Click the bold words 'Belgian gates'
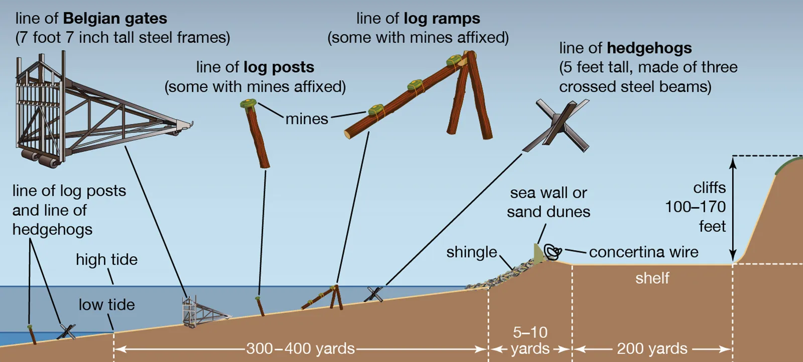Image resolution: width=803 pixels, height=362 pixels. pyautogui.click(x=115, y=19)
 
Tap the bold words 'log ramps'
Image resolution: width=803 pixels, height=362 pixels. pyautogui.click(x=442, y=19)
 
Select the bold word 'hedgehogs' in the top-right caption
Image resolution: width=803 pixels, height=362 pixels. pyautogui.click(x=649, y=48)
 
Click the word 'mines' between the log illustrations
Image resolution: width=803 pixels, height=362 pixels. pyautogui.click(x=307, y=119)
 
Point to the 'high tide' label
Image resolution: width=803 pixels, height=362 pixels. pyautogui.click(x=106, y=260)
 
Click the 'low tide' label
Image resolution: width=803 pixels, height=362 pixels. pyautogui.click(x=106, y=305)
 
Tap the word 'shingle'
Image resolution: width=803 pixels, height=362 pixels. pyautogui.click(x=472, y=252)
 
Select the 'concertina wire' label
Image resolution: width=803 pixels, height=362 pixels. pyautogui.click(x=643, y=252)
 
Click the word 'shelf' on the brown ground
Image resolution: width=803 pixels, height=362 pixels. pyautogui.click(x=652, y=278)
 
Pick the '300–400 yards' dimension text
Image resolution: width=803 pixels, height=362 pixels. pyautogui.click(x=300, y=348)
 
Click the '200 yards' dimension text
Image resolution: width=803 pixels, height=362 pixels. pyautogui.click(x=652, y=348)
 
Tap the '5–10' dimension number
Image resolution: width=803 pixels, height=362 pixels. pyautogui.click(x=530, y=332)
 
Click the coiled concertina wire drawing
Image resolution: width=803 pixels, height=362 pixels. pyautogui.click(x=553, y=252)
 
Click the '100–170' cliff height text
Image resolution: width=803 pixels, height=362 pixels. pyautogui.click(x=695, y=207)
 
